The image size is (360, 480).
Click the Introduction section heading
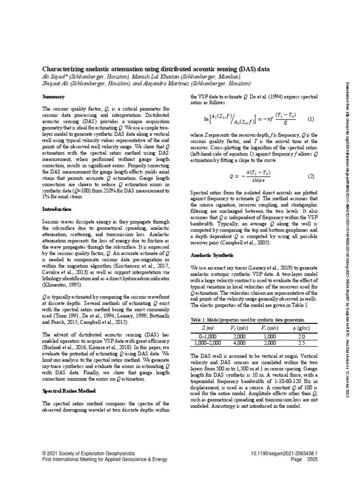pos(57,209)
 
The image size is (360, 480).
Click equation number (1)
pos(310,119)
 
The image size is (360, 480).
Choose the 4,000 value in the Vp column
pos(239,343)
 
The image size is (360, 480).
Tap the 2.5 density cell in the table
pos(302,343)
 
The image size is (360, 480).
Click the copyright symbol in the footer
pos(44,454)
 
